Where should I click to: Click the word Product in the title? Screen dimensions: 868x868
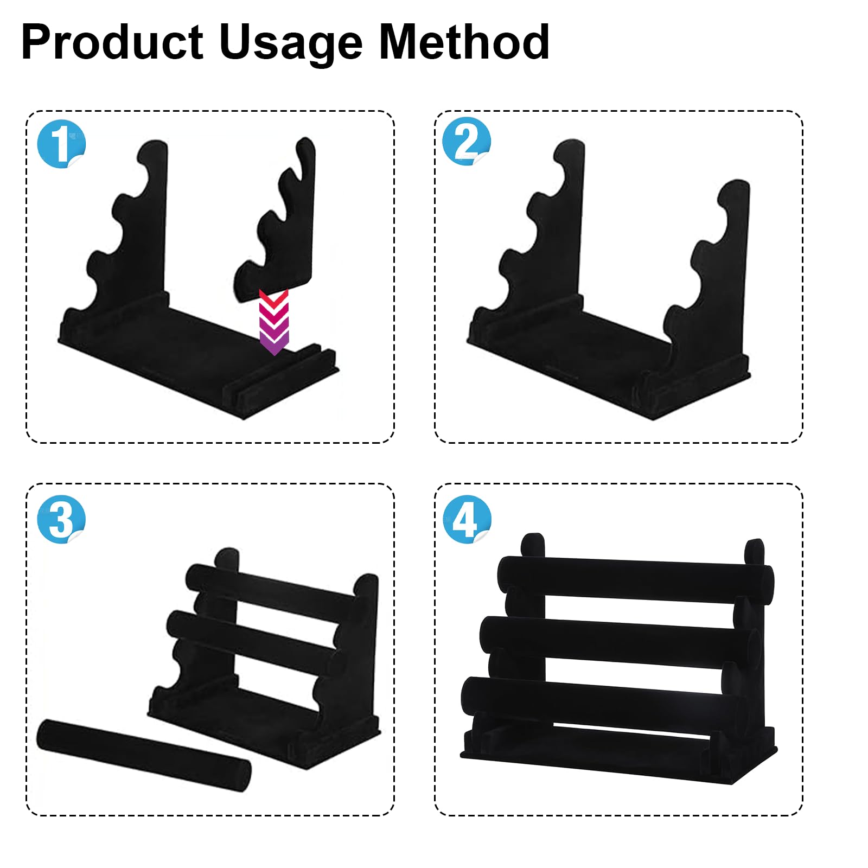click(x=112, y=42)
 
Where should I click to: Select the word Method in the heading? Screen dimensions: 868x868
click(x=464, y=42)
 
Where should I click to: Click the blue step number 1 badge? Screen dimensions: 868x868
click(x=61, y=144)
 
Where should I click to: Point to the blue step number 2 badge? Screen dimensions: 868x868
click(x=467, y=141)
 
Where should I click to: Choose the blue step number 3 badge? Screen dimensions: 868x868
click(x=61, y=519)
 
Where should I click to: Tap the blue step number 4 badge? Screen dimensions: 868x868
click(x=467, y=519)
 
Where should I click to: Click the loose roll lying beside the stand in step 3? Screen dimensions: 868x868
click(x=144, y=755)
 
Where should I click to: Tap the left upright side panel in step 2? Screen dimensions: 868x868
click(x=548, y=233)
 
